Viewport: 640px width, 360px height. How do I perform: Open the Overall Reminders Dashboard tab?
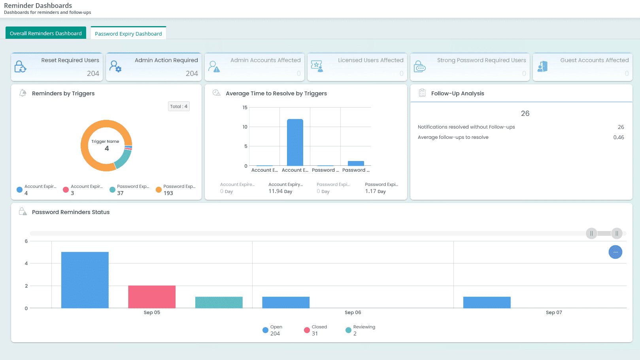coord(45,33)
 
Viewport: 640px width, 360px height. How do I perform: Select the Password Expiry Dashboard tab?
coord(128,34)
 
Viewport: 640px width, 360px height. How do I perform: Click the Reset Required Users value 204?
coord(93,74)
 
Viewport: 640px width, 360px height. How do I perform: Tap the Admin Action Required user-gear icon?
coord(115,66)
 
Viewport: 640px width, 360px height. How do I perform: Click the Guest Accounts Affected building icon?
coord(542,66)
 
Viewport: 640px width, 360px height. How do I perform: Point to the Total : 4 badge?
coord(179,106)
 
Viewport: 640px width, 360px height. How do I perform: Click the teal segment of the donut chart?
coord(123,158)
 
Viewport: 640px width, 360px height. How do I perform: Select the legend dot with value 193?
coord(159,189)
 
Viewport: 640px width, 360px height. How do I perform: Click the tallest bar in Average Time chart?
coord(295,142)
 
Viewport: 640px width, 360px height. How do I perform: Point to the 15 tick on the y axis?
coord(245,108)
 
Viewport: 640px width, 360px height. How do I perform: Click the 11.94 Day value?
coord(280,191)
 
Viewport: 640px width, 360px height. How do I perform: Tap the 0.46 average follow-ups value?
coord(618,137)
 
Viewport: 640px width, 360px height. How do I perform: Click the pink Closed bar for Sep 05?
coord(152,297)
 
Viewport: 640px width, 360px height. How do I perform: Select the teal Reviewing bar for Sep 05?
coord(219,302)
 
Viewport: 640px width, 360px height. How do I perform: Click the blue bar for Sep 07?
coord(487,302)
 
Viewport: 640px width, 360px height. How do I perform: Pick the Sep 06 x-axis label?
coord(353,313)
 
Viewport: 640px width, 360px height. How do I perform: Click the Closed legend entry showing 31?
coord(315,330)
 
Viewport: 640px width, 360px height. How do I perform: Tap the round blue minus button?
coord(615,252)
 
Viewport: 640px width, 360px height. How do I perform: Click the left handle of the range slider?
coord(591,233)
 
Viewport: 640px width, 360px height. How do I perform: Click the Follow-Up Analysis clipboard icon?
coord(422,93)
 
